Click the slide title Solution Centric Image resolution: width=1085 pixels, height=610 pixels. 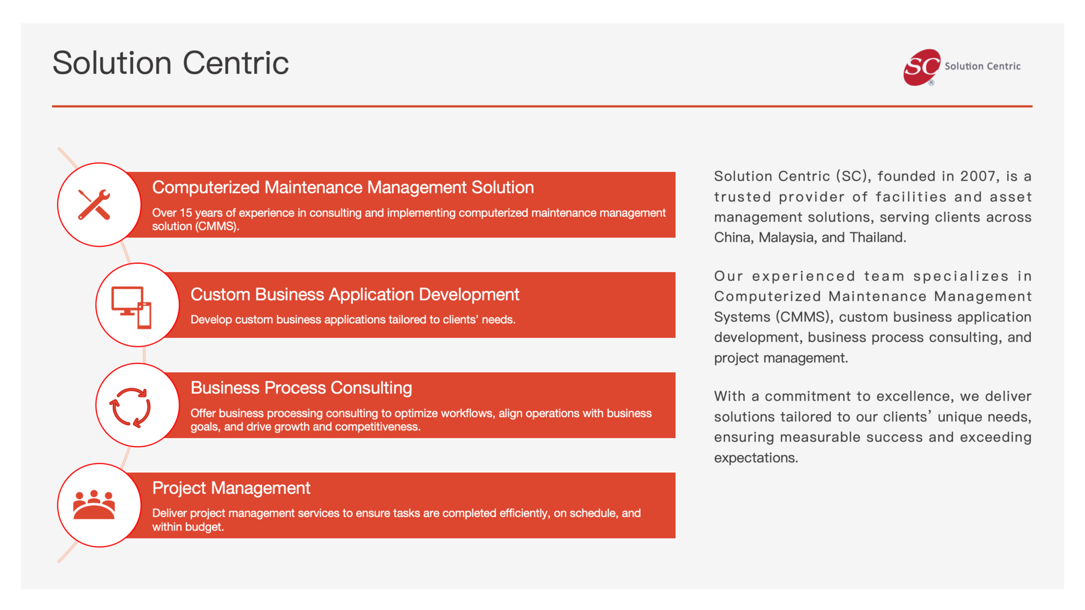[x=171, y=63]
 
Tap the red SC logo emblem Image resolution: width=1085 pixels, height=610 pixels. [x=922, y=67]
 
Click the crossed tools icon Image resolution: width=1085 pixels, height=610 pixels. [x=94, y=205]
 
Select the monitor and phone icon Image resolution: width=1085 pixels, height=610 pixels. [x=131, y=307]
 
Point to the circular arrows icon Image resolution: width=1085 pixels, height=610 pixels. [x=130, y=408]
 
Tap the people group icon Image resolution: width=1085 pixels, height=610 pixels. [x=94, y=505]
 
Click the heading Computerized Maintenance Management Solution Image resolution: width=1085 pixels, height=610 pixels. [x=343, y=188]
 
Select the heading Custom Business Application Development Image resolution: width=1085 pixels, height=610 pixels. [x=355, y=295]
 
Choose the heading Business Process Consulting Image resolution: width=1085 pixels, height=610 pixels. [x=301, y=388]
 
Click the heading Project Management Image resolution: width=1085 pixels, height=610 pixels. [x=231, y=488]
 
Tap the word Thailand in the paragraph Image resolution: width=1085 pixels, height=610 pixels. [x=878, y=237]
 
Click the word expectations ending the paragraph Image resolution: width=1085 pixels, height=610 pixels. [x=756, y=458]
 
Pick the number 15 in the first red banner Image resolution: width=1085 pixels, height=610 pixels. [x=186, y=213]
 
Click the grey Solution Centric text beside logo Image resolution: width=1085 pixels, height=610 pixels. [x=982, y=66]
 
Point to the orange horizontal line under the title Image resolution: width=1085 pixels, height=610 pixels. [x=542, y=106]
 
